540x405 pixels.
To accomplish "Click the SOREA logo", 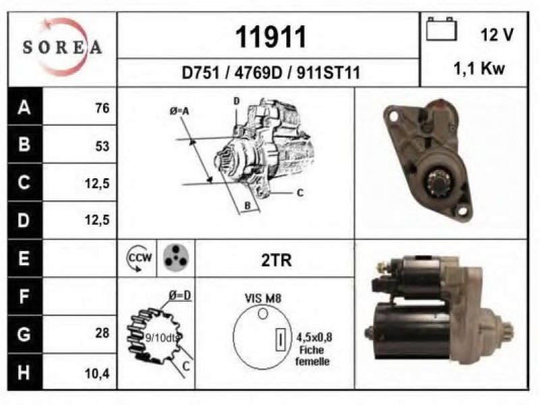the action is (x=62, y=47).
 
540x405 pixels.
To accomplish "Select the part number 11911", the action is (x=271, y=37).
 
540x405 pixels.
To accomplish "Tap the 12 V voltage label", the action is (x=497, y=35).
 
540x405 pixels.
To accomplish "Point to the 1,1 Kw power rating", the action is (x=479, y=68).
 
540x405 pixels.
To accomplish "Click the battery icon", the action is (x=441, y=29).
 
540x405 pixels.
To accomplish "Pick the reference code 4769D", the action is (x=259, y=73).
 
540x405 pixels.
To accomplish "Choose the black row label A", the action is (x=24, y=107).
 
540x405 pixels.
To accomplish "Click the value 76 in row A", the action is (x=103, y=108).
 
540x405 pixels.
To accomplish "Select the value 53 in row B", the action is (x=103, y=146).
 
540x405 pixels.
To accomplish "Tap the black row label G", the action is (x=24, y=334).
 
